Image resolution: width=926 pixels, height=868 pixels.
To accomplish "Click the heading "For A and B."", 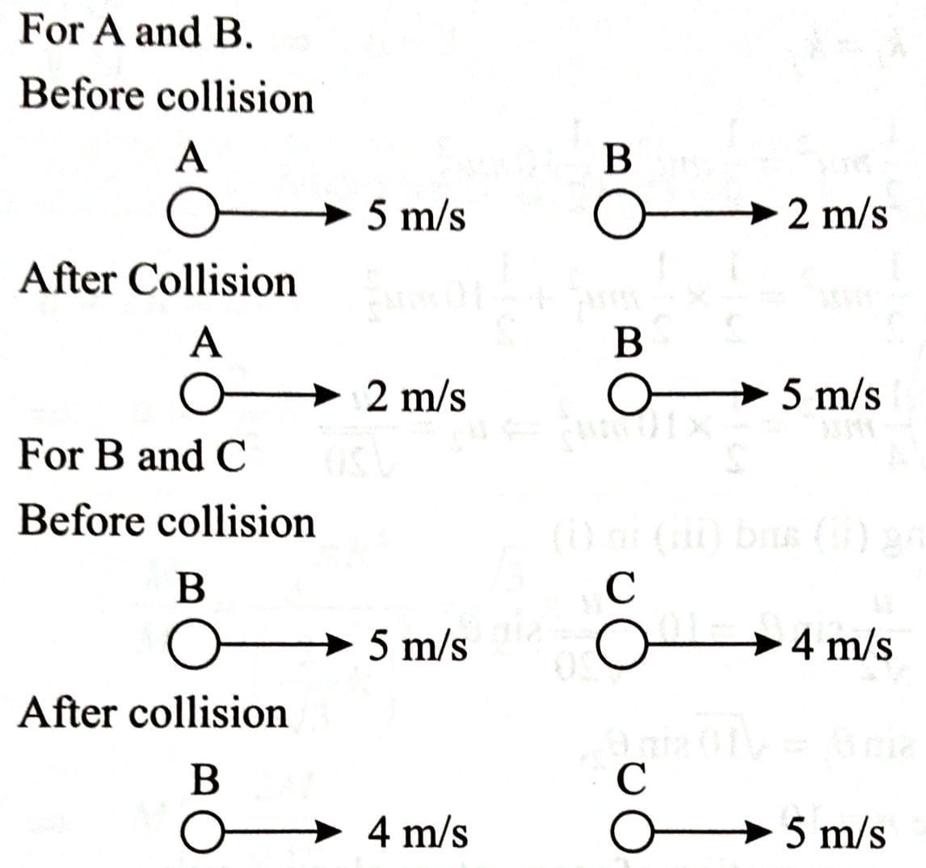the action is point(137,32).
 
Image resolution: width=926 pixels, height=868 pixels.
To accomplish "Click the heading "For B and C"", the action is point(133,456).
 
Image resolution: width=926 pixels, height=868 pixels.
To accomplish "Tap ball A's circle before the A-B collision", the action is point(193,213).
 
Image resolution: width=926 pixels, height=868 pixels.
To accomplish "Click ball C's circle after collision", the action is point(632,832).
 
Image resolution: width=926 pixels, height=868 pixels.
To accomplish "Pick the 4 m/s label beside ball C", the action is point(841,646).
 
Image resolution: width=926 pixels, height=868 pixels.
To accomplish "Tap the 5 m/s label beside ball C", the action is point(835,833).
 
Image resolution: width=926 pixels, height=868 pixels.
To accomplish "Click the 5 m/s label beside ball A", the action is point(416,215).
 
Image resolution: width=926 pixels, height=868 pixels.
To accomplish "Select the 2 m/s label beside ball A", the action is point(416,396).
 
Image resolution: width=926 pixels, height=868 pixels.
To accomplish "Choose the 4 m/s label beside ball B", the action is point(418,833).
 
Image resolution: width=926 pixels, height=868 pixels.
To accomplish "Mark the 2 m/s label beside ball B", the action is point(837,214).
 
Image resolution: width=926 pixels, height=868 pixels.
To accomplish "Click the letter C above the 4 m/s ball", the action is point(621,588).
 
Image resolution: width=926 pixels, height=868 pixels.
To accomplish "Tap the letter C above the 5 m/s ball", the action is point(631,779).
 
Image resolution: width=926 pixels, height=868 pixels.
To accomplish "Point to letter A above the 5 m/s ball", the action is point(192,158).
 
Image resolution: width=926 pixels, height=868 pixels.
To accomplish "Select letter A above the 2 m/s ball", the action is point(206,343).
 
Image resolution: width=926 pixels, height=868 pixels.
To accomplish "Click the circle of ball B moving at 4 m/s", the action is point(203,832).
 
